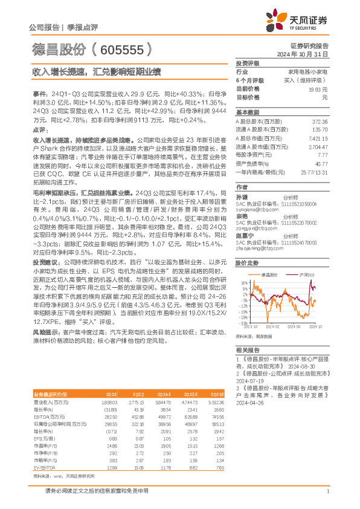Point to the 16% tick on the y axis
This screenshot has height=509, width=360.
(243, 282)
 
